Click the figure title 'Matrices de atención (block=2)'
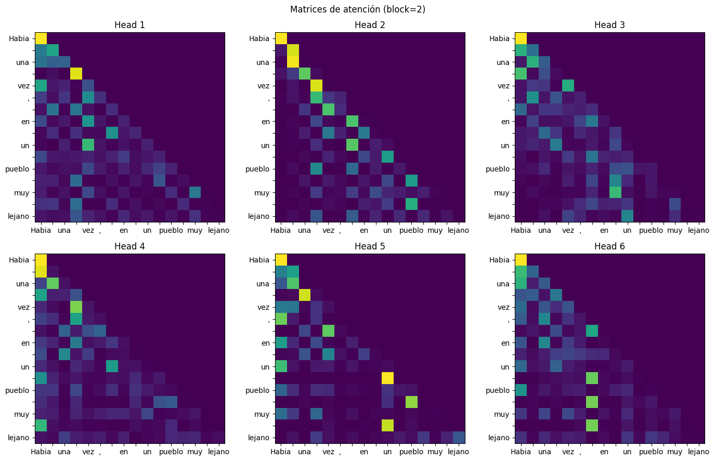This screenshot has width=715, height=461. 357,9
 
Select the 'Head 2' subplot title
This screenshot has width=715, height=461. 370,25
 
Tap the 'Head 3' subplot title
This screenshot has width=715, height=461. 609,25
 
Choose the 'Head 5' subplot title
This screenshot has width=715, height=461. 370,246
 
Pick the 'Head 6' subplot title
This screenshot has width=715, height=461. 609,246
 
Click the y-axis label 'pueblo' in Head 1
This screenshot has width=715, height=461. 18,169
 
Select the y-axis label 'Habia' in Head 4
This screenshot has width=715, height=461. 19,260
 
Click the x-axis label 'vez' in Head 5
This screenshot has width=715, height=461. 328,452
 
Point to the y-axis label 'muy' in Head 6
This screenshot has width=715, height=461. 501,414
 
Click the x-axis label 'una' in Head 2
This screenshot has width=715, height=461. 304,230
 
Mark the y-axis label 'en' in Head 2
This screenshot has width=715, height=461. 266,122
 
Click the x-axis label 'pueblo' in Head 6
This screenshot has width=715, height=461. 651,452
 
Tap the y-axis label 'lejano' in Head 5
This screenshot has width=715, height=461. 258,438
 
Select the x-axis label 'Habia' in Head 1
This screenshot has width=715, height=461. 41,230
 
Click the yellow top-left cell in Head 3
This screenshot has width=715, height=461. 521,38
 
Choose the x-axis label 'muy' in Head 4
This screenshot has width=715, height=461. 195,452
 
